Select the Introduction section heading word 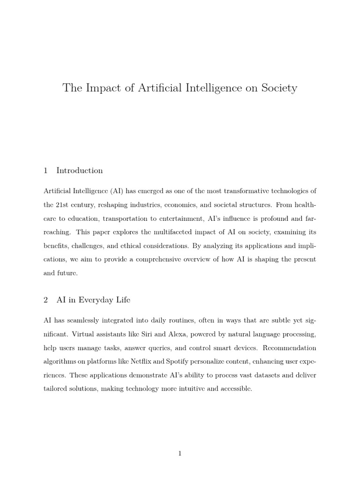(x=80, y=171)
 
